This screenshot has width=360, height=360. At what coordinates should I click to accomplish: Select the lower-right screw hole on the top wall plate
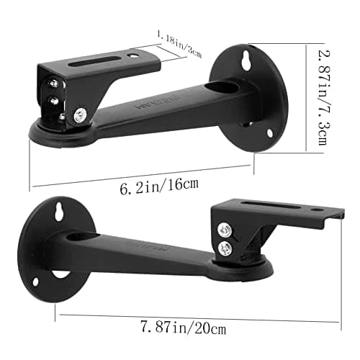click(x=271, y=132)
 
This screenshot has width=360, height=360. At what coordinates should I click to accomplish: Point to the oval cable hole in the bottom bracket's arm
click(x=79, y=237)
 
